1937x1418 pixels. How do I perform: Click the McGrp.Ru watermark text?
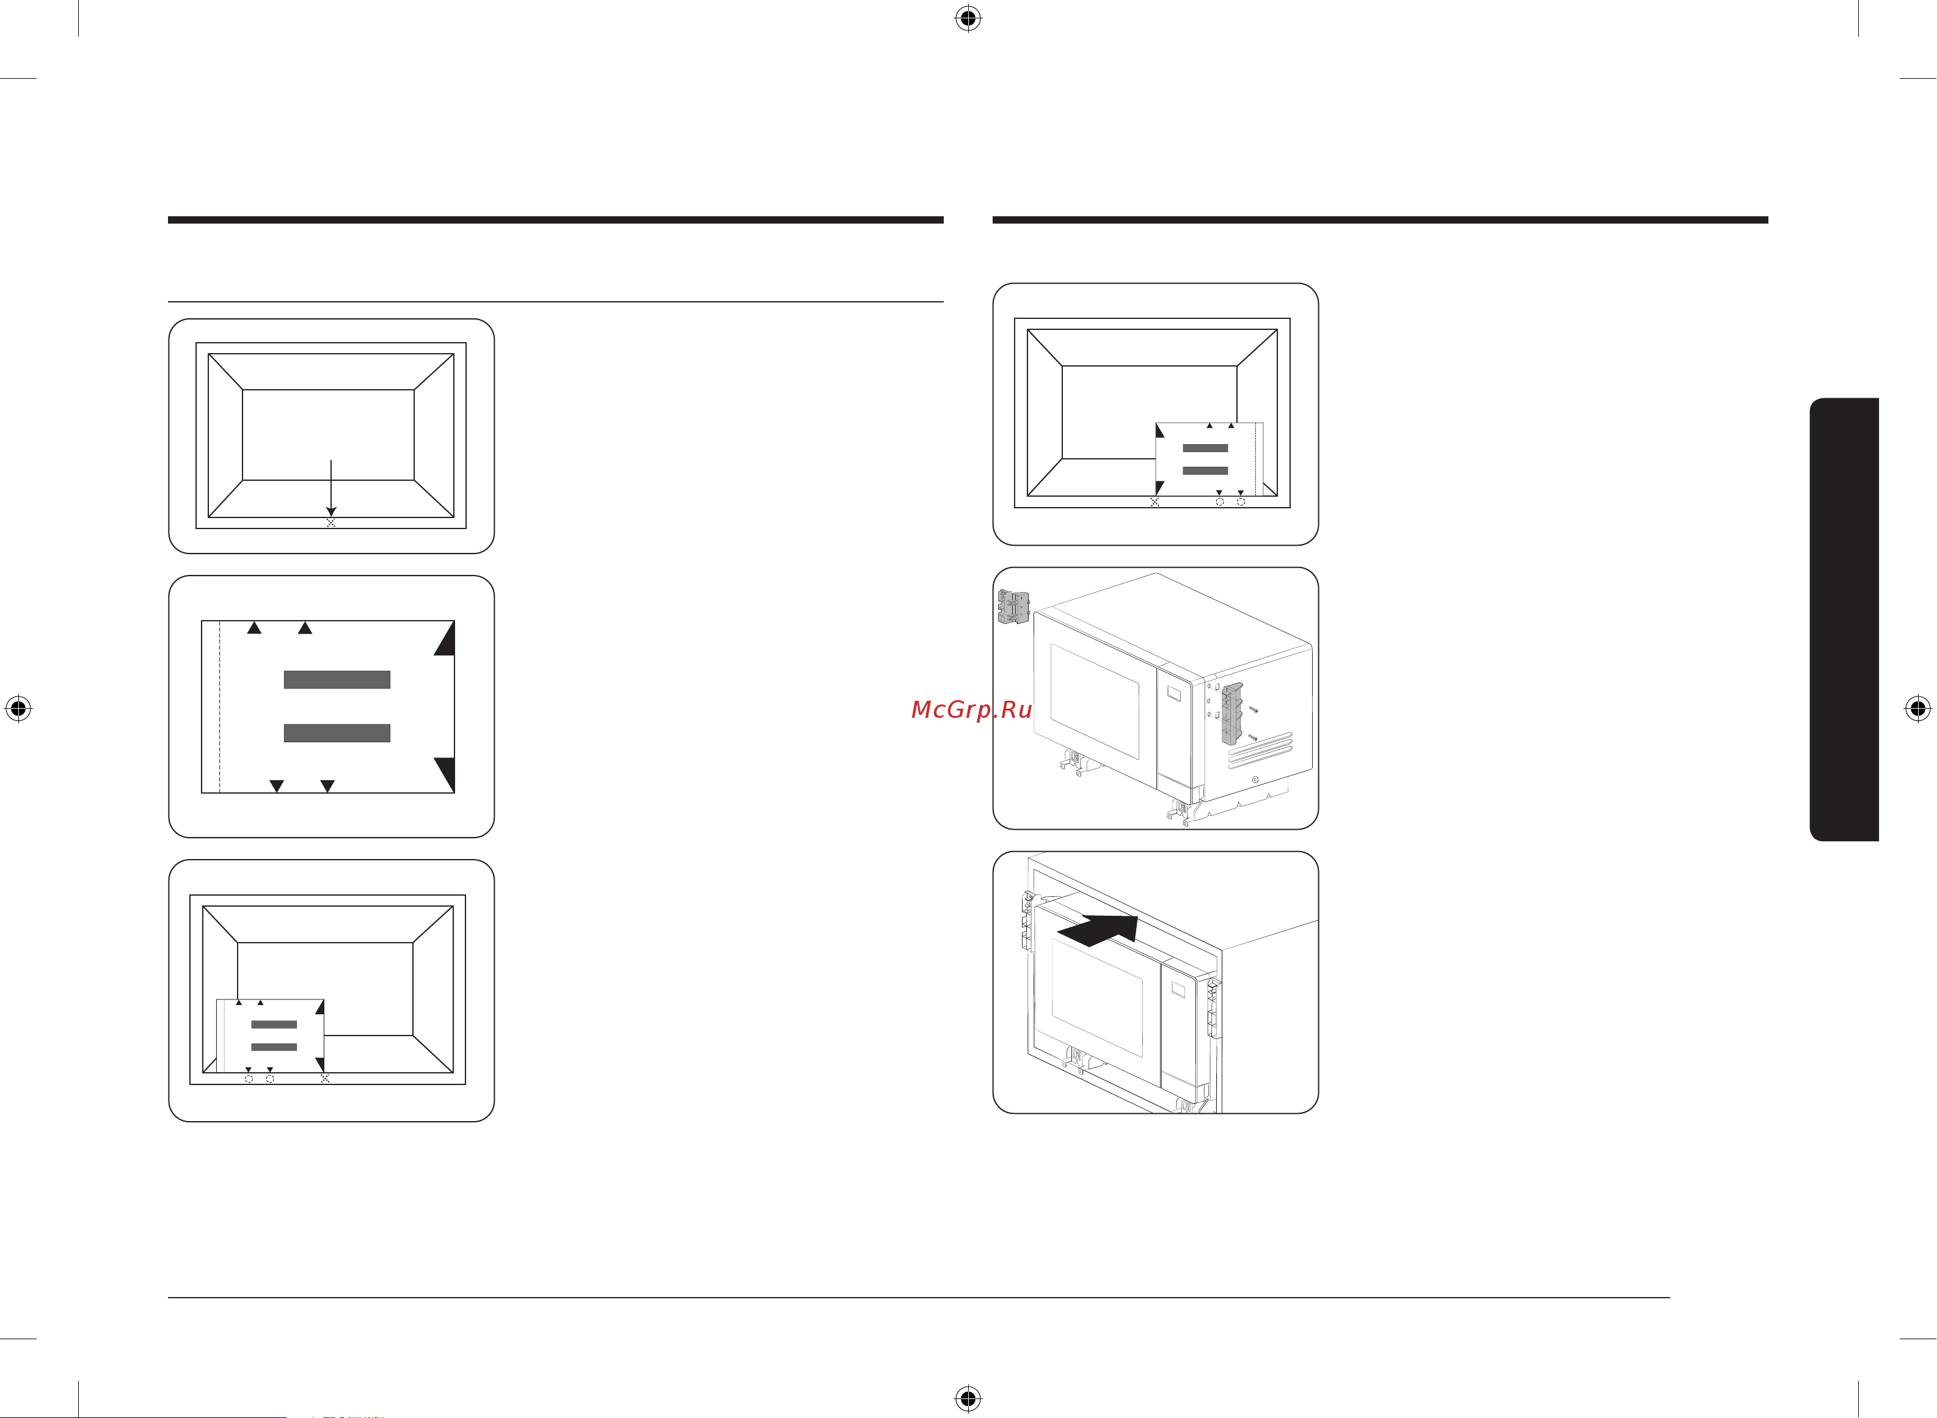971,710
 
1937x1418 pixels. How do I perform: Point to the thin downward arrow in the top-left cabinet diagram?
331,488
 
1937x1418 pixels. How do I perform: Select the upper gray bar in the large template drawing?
337,680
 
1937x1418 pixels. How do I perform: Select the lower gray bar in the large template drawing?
337,733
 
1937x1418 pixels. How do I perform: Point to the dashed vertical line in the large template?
221,706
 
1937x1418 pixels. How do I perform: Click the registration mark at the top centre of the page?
968,18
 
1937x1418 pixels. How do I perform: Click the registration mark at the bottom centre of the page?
968,1398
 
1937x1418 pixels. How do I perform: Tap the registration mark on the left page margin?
18,709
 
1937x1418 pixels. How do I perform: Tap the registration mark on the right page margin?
1919,709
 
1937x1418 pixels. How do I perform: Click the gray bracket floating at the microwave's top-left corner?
1013,606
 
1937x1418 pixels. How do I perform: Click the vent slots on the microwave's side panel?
1260,750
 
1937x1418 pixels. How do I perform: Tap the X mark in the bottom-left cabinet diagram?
324,1078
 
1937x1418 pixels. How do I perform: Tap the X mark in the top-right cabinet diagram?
1155,502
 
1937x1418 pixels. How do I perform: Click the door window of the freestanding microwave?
1095,701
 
